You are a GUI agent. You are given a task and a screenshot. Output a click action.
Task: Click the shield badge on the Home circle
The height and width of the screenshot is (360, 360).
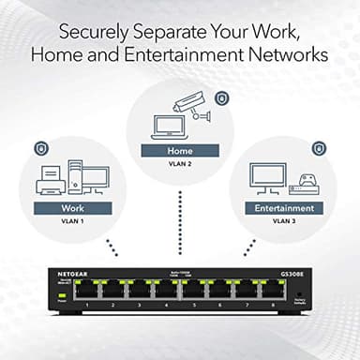(x=221, y=97)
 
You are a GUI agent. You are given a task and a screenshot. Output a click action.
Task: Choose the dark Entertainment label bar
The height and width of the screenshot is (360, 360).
(x=284, y=207)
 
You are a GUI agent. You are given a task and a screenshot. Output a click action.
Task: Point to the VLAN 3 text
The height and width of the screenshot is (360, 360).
(x=284, y=223)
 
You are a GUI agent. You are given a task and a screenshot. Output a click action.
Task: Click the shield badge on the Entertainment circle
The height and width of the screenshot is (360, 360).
(x=319, y=148)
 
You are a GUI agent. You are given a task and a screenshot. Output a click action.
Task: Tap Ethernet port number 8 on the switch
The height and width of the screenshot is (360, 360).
(x=273, y=292)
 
